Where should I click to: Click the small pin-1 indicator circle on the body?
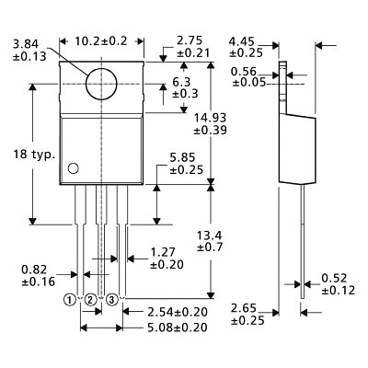[x=73, y=167]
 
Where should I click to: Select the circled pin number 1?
[x=71, y=300]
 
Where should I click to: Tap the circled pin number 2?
[x=90, y=300]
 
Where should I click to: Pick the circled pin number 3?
[x=111, y=300]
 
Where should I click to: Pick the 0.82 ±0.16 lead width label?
[x=34, y=276]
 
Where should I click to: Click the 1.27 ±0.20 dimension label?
[x=166, y=257]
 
